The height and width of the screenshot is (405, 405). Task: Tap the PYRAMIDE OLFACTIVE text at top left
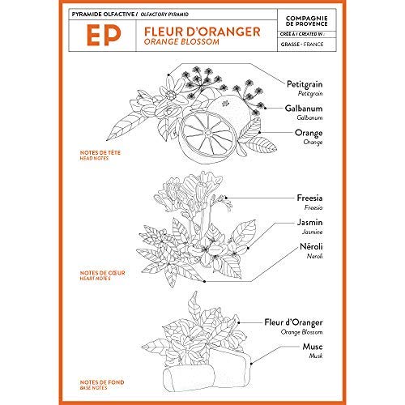pyautogui.click(x=110, y=15)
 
